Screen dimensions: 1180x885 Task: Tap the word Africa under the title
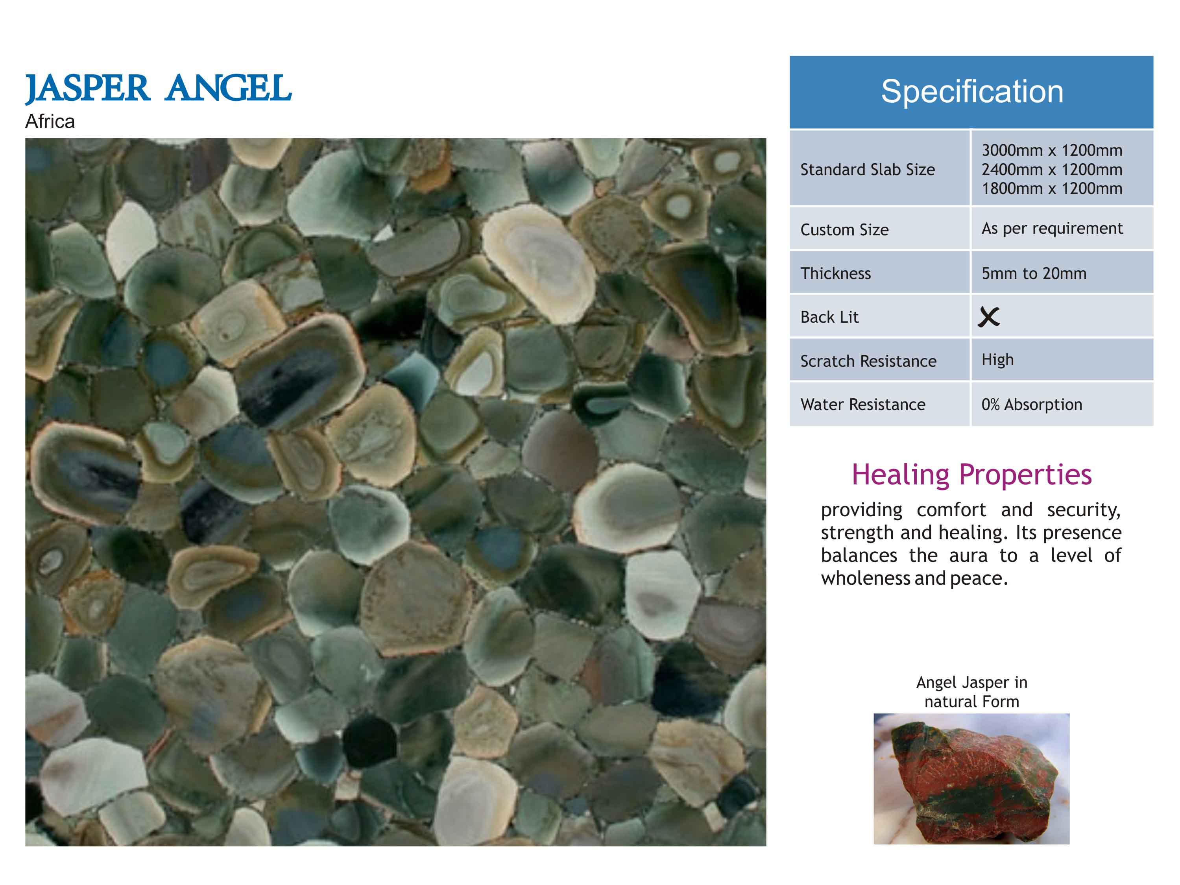50,122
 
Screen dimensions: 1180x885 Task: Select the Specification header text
971,92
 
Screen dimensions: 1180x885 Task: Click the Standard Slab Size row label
868,170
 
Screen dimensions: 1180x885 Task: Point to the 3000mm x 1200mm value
1052,150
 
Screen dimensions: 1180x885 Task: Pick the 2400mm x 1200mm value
1052,170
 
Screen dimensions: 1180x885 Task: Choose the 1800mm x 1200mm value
1052,188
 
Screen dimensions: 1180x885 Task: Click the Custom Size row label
844,230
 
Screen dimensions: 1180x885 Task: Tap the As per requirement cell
1052,228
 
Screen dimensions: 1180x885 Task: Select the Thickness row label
835,273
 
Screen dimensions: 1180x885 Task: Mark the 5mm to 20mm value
1034,273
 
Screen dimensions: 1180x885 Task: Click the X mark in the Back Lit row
988,317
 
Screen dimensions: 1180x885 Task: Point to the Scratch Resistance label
868,361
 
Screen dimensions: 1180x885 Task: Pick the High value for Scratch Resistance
997,360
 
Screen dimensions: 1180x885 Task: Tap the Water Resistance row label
862,405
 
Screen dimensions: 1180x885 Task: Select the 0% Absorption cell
1032,405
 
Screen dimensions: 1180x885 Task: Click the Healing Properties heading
971,474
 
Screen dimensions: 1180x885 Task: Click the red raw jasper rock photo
971,779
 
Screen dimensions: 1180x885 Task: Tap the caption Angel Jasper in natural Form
971,692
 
